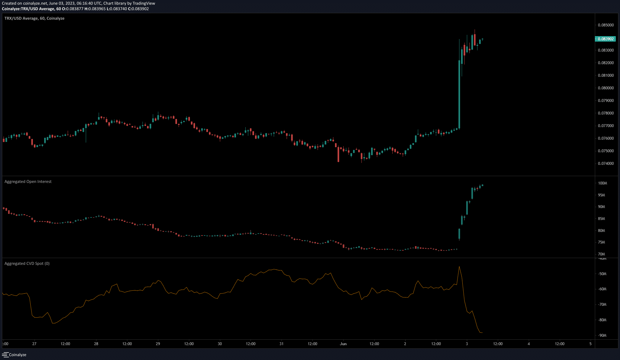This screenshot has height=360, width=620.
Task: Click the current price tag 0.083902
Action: [x=605, y=39]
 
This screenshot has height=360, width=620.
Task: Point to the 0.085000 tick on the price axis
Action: [x=606, y=25]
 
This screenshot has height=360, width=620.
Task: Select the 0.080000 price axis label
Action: [x=606, y=88]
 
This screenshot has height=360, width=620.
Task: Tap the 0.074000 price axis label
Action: [x=606, y=164]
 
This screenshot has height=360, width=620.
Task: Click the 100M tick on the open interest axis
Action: [x=603, y=183]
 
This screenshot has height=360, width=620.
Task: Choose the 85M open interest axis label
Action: [x=602, y=219]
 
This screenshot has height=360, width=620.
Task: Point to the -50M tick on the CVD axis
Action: [x=602, y=274]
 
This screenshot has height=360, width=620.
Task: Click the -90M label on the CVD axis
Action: [x=602, y=335]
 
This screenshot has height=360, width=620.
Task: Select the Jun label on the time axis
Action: [x=343, y=344]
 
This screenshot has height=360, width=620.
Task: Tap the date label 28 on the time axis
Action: [x=96, y=344]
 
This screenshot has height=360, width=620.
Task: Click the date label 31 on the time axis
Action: [x=281, y=344]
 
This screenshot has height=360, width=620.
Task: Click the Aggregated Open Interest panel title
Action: [x=28, y=182]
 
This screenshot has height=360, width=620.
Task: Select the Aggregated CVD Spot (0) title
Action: [x=27, y=264]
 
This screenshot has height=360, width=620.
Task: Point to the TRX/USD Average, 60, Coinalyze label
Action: [x=34, y=18]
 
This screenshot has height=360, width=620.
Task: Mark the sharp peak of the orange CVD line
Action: [x=459, y=266]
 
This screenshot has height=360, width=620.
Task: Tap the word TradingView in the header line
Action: [x=144, y=3]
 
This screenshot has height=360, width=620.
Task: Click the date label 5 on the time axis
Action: [x=590, y=344]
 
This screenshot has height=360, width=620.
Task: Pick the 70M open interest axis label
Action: [x=602, y=254]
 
